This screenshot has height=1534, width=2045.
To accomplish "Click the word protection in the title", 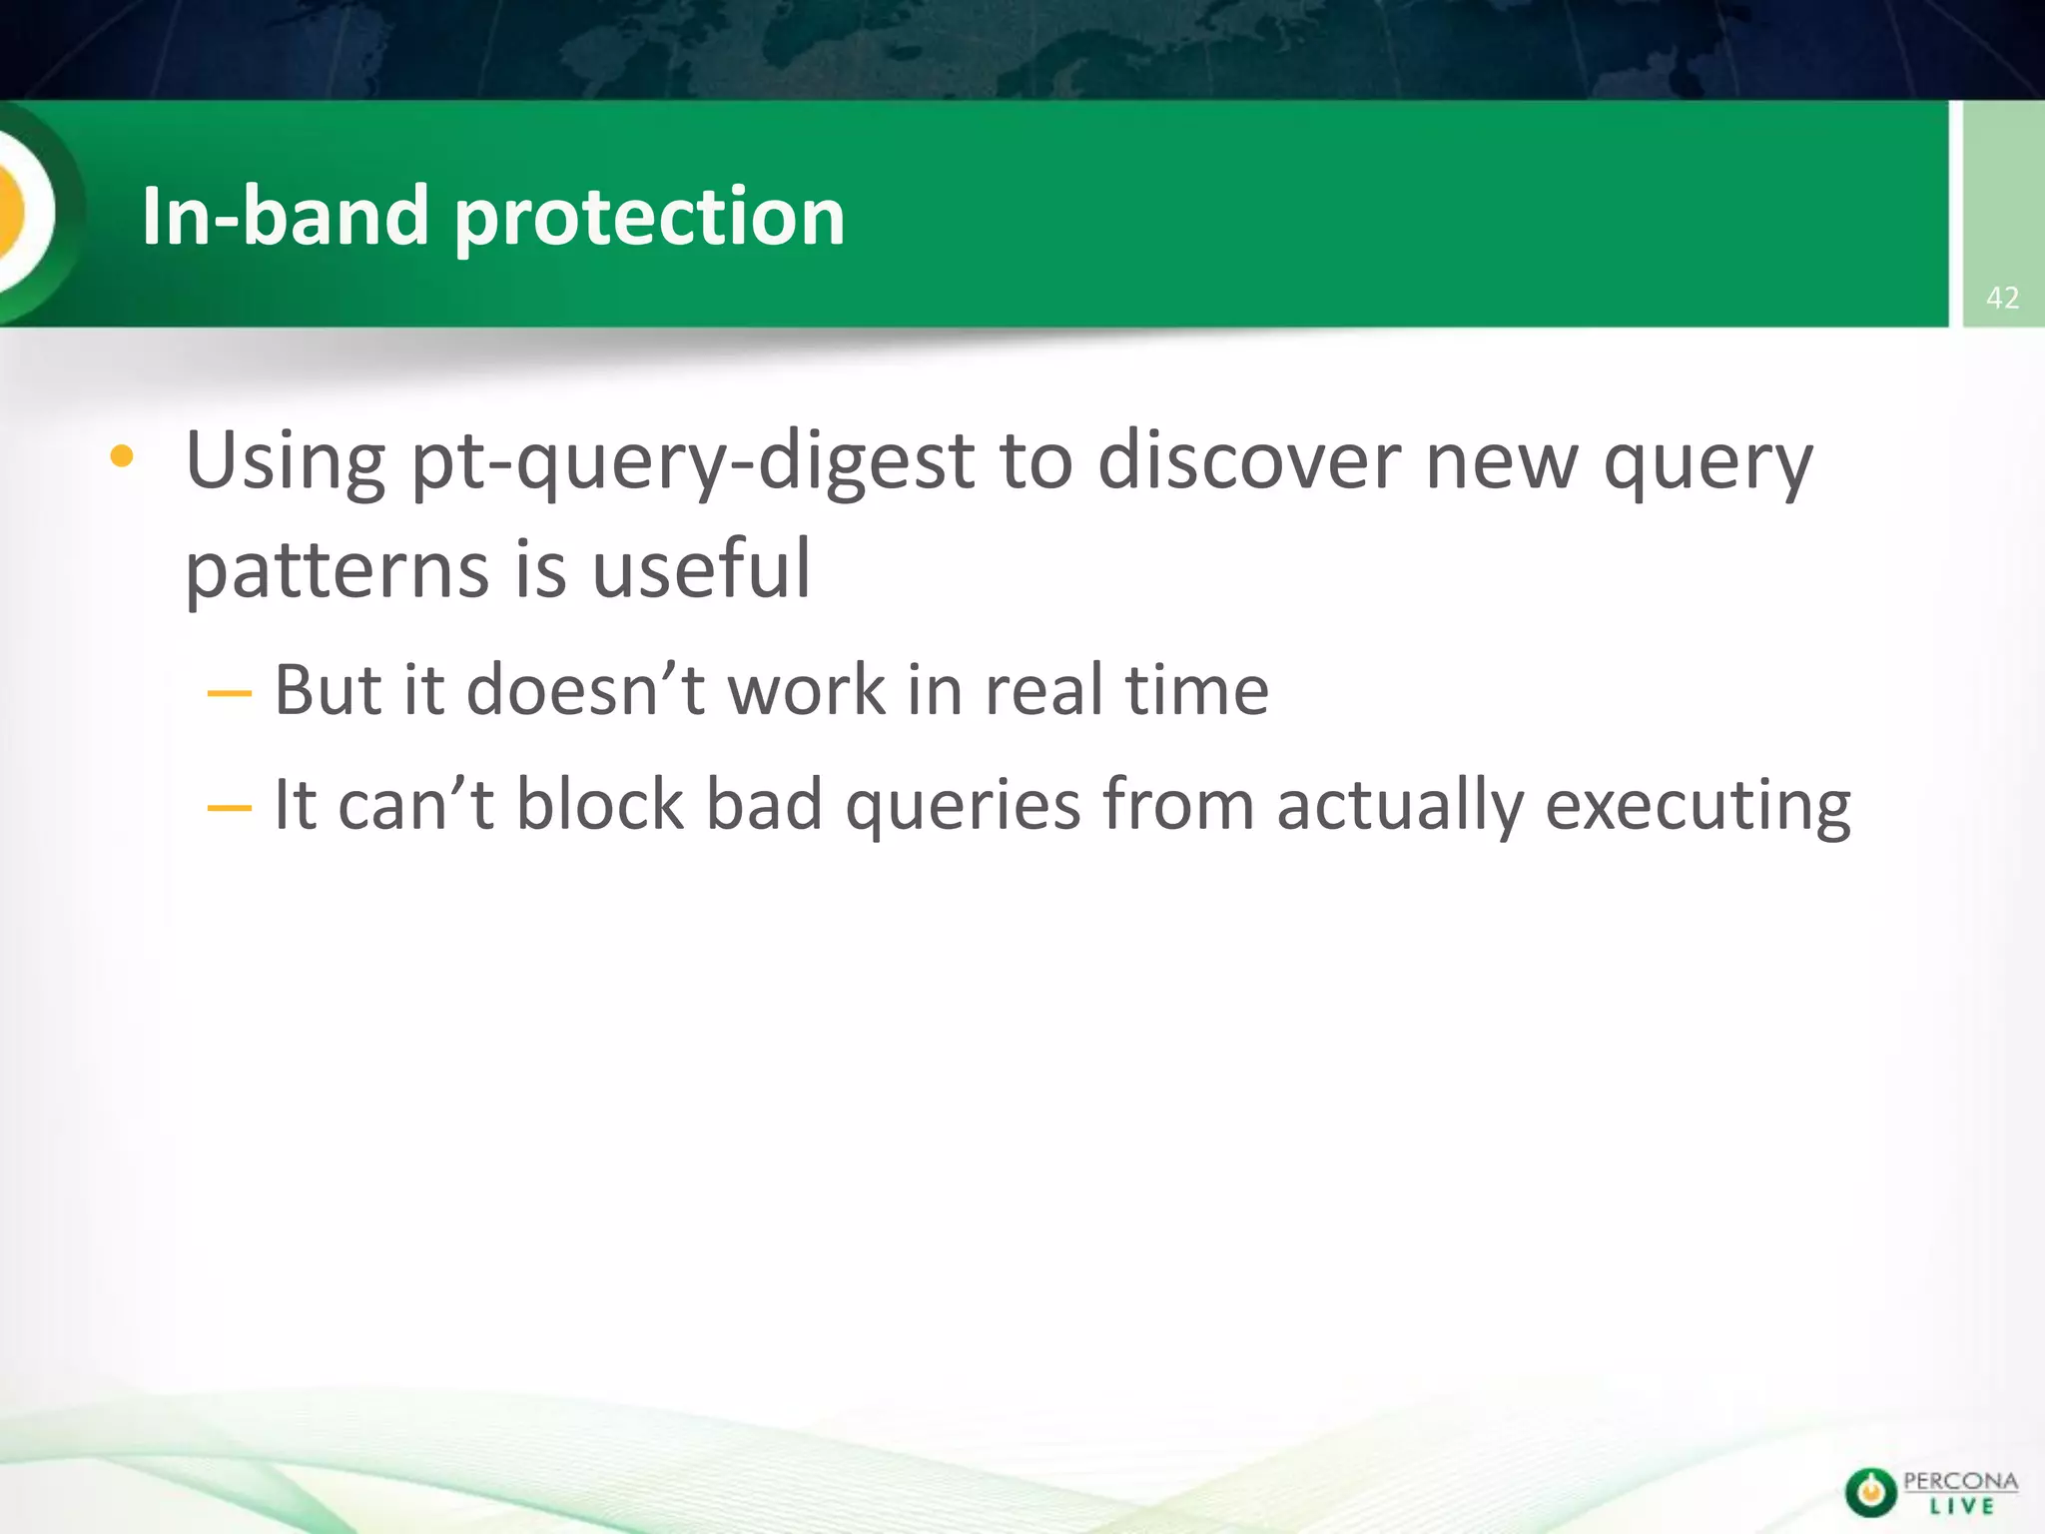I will coord(649,218).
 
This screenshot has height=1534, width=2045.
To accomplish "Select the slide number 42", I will coord(2002,298).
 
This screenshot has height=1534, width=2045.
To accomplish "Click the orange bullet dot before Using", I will coord(122,457).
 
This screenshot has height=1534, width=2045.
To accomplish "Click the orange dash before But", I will coord(229,692).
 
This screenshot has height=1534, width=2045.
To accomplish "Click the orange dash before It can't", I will coord(229,806).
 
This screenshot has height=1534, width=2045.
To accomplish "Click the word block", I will coord(600,804).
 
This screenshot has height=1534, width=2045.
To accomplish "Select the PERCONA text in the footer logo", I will coord(1960,1481).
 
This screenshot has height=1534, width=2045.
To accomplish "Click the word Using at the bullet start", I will coord(286,461).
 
